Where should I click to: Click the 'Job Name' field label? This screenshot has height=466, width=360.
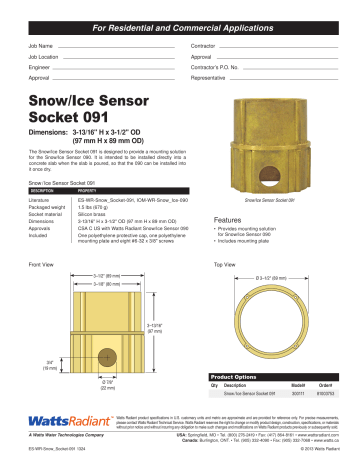(41, 47)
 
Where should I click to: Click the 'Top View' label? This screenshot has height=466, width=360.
(225, 265)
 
